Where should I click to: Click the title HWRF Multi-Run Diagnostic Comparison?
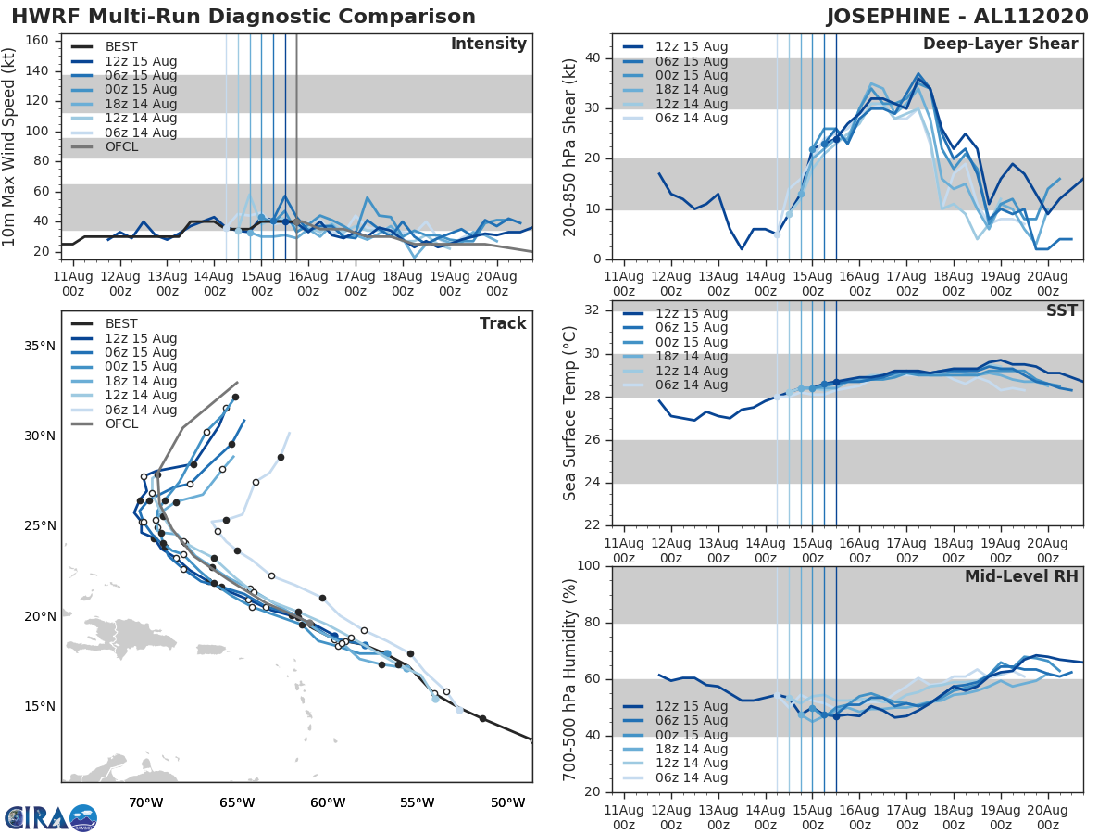tap(243, 17)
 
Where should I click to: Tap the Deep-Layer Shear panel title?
tap(1000, 44)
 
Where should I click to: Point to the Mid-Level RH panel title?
tap(1020, 576)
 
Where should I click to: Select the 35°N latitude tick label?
tap(40, 347)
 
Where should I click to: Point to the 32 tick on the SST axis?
tap(592, 310)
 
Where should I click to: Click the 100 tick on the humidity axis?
tap(587, 566)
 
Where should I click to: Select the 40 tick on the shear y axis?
tap(592, 58)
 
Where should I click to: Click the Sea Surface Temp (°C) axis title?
tap(570, 413)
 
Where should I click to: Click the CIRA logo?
tap(50, 817)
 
